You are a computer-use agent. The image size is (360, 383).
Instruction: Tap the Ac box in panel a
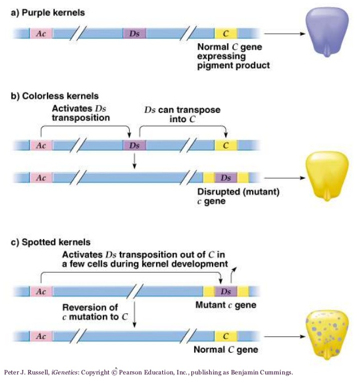(41, 34)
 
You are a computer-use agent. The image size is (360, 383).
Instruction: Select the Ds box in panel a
(134, 34)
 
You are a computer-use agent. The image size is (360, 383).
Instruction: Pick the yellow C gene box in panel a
(226, 34)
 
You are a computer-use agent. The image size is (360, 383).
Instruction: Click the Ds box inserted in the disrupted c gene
(226, 178)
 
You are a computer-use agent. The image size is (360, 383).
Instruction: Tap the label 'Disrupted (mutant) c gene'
(238, 196)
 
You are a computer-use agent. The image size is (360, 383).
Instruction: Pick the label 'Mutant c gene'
(225, 305)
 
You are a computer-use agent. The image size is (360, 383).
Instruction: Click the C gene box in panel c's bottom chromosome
(226, 336)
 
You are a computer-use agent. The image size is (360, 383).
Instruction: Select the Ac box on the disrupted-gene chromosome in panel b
(41, 178)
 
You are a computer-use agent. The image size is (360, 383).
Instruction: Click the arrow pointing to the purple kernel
(284, 34)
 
